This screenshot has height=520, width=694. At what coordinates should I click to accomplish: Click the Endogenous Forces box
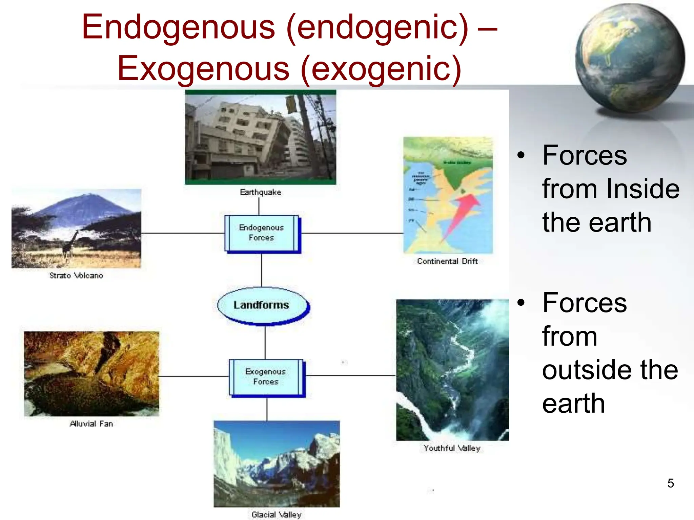(262, 233)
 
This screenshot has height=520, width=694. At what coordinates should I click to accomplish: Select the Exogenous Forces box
(266, 377)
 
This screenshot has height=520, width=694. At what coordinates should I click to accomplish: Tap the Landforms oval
(262, 305)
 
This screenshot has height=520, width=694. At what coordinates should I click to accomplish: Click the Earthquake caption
(260, 192)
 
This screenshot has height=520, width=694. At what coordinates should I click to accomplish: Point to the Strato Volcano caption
(76, 276)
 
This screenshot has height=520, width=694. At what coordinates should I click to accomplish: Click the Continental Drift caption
(447, 261)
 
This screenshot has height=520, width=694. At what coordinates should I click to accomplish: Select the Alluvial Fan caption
(91, 424)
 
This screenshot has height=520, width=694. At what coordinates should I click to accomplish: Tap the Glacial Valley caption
(276, 515)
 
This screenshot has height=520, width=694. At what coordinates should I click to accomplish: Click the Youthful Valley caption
(452, 448)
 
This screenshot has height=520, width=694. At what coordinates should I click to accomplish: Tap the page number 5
(671, 483)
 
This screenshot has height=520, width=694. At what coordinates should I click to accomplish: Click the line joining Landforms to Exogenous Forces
(265, 342)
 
